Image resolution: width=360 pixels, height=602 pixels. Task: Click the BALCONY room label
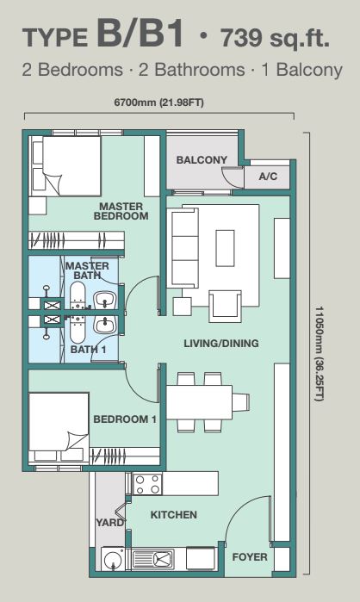click(x=202, y=159)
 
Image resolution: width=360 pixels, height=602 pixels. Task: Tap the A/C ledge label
click(x=268, y=177)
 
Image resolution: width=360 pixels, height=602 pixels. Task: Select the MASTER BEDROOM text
click(x=121, y=211)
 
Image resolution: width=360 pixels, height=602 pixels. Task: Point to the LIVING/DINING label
click(x=221, y=343)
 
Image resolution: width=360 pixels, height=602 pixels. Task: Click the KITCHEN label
click(x=173, y=514)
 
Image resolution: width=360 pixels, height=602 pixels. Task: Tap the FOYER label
click(x=250, y=556)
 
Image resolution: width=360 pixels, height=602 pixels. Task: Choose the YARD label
click(x=110, y=523)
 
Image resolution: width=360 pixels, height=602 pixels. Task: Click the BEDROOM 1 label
click(x=125, y=419)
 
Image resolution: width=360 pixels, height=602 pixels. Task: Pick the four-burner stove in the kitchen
click(x=147, y=484)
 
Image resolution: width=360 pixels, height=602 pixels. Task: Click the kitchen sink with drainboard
click(x=152, y=559)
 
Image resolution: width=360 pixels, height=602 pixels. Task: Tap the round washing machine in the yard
click(x=113, y=559)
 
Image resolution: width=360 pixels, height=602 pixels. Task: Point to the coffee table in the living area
click(x=225, y=248)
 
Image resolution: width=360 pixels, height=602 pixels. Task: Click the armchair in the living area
click(x=225, y=306)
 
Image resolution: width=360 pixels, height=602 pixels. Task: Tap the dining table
click(x=199, y=402)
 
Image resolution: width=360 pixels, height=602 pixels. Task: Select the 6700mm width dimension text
click(x=158, y=102)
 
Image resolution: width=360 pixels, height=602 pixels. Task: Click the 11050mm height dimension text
click(x=319, y=353)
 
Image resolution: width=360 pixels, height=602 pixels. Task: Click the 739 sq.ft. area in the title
click(x=276, y=38)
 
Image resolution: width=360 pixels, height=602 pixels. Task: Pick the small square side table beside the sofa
click(x=183, y=307)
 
